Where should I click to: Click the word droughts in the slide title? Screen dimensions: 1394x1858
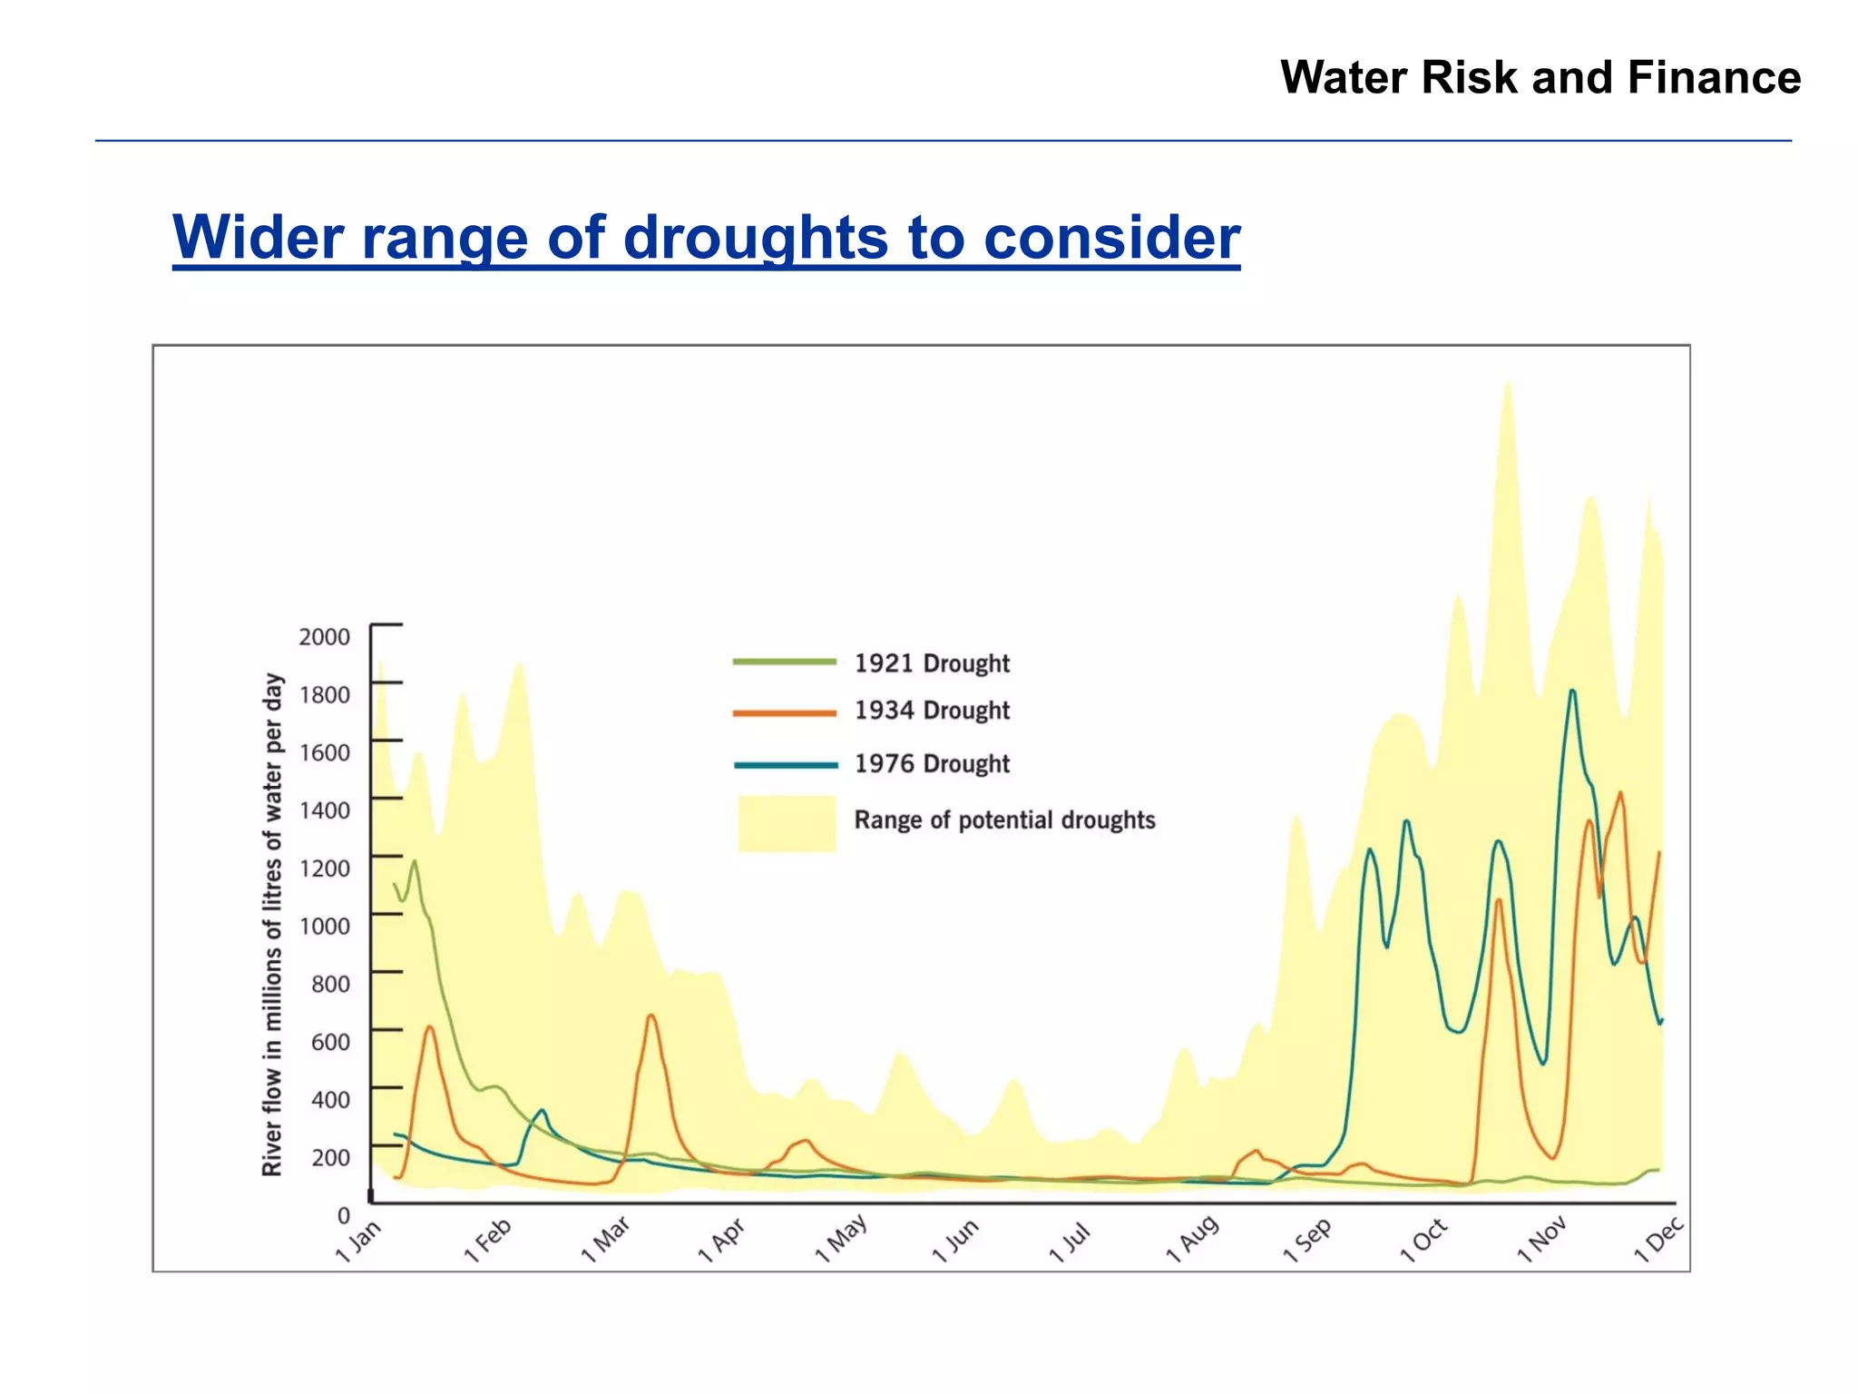click(x=757, y=238)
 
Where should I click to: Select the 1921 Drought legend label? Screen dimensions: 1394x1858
click(x=931, y=663)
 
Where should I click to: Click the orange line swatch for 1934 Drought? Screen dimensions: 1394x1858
click(x=784, y=713)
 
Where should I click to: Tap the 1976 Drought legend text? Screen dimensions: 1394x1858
click(x=931, y=764)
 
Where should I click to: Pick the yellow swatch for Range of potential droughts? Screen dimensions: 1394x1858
click(x=787, y=823)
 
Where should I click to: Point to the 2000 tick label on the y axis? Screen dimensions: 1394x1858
click(x=324, y=637)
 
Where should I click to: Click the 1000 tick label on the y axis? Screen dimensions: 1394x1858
click(x=324, y=927)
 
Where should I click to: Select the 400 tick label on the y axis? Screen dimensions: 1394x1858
click(x=329, y=1100)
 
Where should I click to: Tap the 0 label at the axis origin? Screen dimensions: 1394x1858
click(x=343, y=1215)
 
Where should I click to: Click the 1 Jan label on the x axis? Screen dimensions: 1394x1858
click(x=359, y=1242)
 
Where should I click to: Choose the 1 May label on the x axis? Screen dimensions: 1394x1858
click(x=841, y=1239)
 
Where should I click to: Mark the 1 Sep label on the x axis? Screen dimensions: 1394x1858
click(x=1307, y=1241)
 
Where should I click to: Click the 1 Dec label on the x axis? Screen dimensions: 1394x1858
click(x=1658, y=1240)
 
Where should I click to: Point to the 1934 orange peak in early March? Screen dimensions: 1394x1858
click(x=650, y=1016)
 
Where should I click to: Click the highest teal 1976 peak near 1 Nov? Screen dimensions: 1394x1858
click(x=1572, y=692)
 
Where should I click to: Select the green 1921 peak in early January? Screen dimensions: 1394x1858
click(x=415, y=861)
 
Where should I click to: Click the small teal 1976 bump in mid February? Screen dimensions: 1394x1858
click(x=542, y=1110)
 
